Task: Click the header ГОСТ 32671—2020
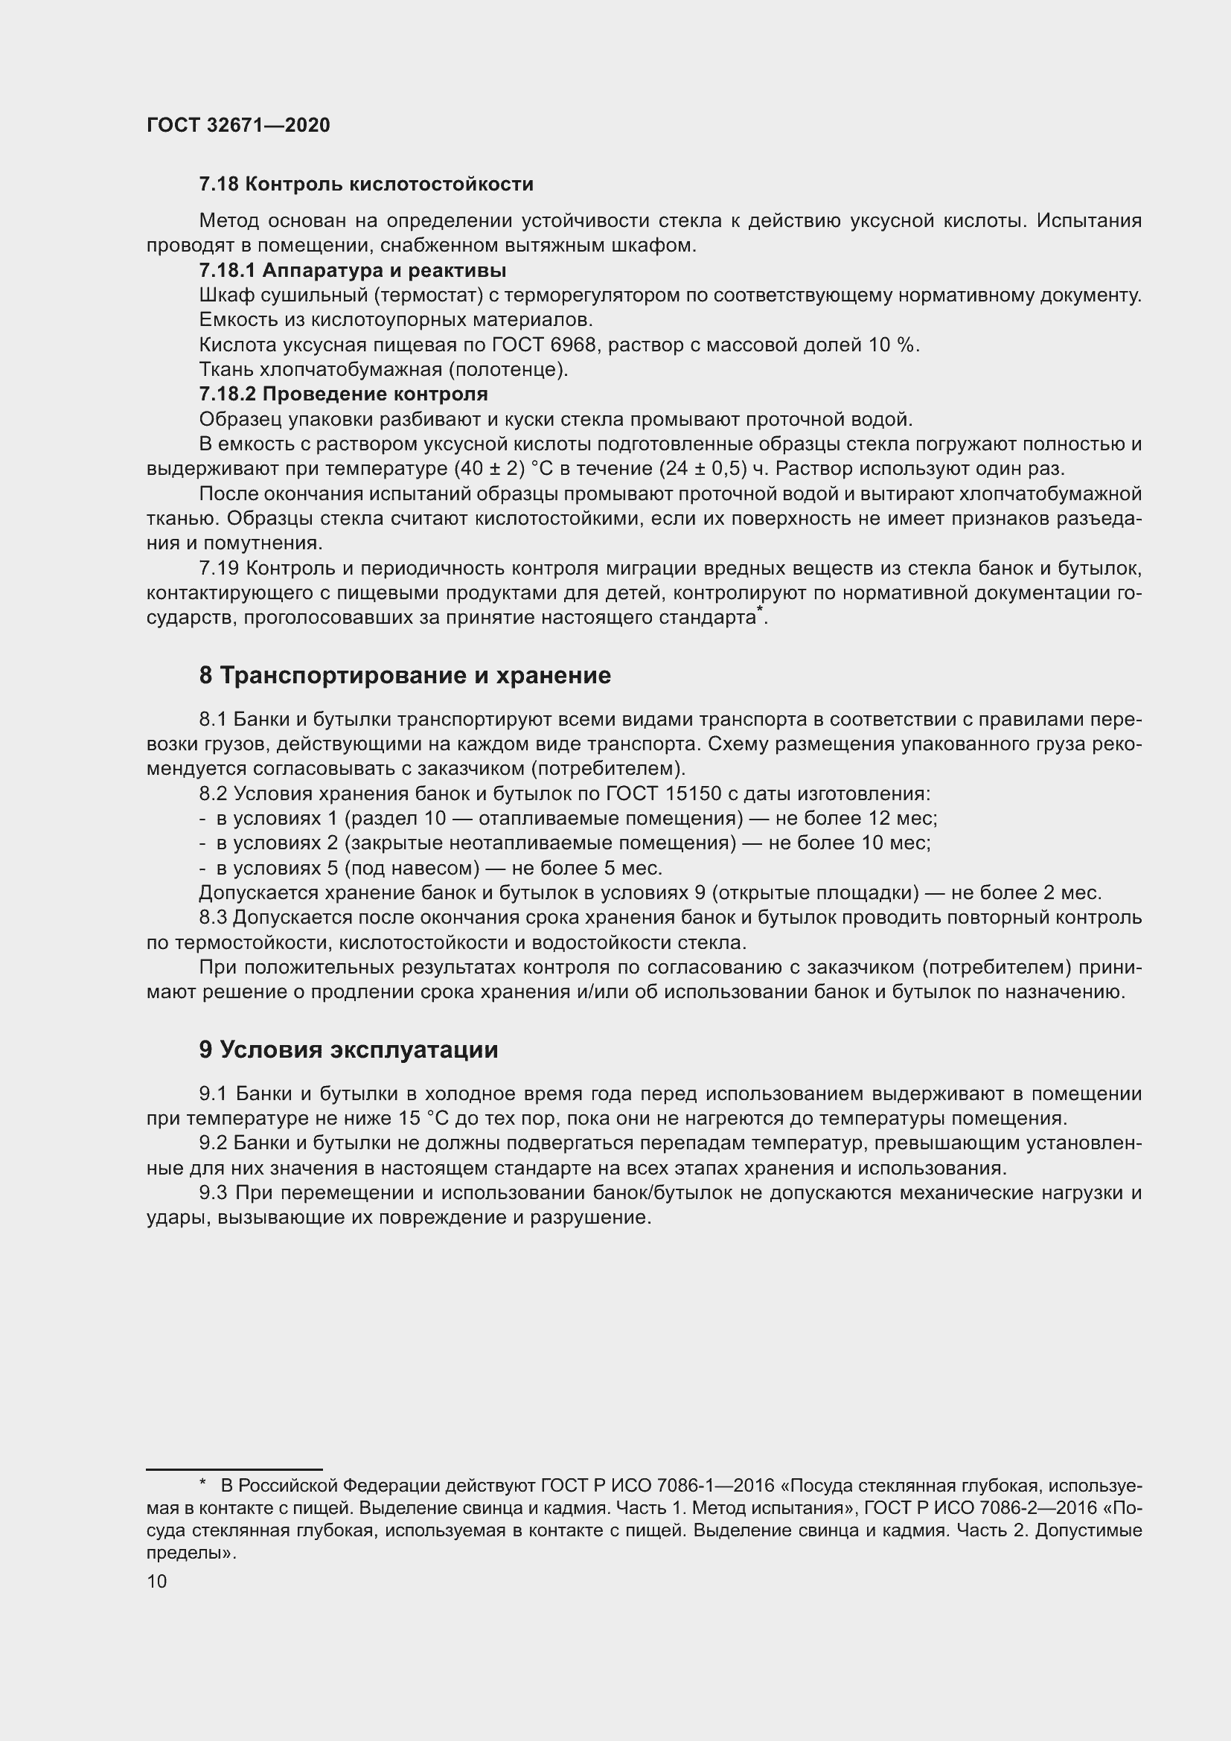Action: (238, 125)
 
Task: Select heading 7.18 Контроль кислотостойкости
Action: (366, 185)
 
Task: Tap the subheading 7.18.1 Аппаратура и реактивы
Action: (353, 271)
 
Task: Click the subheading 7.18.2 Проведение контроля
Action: (343, 394)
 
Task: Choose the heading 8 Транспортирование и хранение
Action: (405, 676)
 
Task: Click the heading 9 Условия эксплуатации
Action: (348, 1050)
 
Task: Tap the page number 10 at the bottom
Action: (157, 1582)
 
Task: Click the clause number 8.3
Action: (213, 918)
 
